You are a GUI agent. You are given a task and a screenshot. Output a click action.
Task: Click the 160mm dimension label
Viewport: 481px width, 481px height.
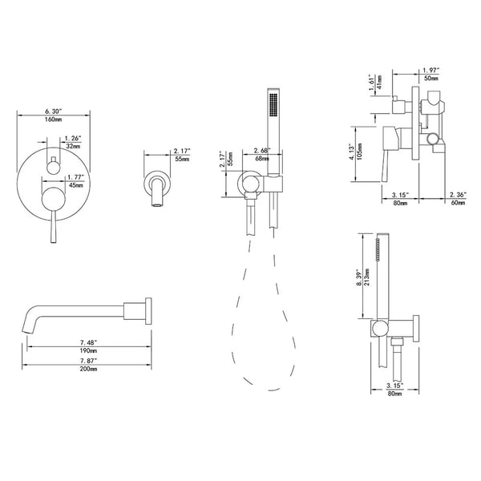(x=54, y=119)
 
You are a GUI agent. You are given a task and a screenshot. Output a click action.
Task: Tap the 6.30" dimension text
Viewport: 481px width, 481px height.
(x=54, y=111)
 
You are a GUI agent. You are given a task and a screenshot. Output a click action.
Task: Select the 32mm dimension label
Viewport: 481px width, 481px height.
(x=73, y=147)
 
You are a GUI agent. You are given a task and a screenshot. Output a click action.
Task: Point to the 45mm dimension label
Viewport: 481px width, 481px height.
(x=76, y=185)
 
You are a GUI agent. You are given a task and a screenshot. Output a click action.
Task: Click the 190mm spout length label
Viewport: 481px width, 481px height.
(x=88, y=350)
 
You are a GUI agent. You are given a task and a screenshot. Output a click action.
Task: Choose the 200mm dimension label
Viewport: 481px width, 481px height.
(x=88, y=369)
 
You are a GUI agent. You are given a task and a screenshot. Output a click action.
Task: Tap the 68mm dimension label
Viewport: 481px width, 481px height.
(x=262, y=159)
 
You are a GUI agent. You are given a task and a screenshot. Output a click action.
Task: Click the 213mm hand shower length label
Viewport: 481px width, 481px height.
(x=367, y=277)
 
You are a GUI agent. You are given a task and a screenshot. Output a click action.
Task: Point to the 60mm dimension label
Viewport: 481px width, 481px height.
(x=459, y=203)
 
